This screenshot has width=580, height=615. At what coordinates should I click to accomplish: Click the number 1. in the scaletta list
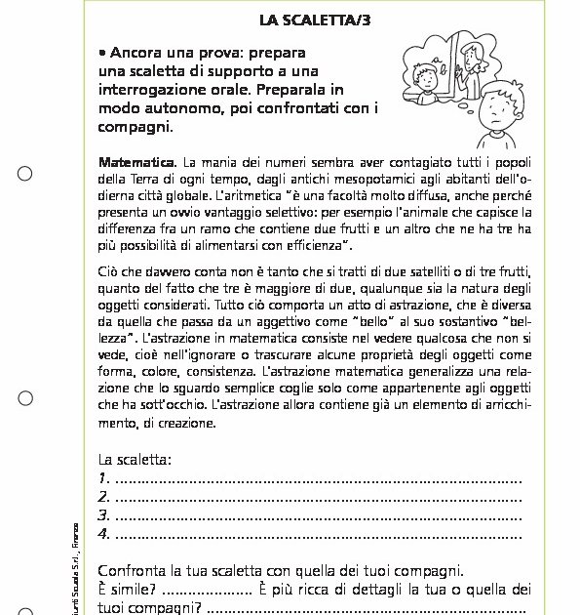pos(104,479)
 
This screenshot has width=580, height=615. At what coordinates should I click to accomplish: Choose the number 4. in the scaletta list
pos(104,534)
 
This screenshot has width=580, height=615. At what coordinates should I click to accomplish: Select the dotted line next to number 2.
pos(318,498)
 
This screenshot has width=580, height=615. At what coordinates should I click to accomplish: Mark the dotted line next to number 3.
pos(318,516)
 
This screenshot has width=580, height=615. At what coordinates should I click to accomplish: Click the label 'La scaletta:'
pos(135,460)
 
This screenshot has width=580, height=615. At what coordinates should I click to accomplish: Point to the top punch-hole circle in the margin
pos(25,174)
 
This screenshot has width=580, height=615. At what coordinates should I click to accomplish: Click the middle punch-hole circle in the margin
pos(25,397)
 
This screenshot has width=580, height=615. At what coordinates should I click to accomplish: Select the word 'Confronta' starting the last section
pos(131,571)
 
